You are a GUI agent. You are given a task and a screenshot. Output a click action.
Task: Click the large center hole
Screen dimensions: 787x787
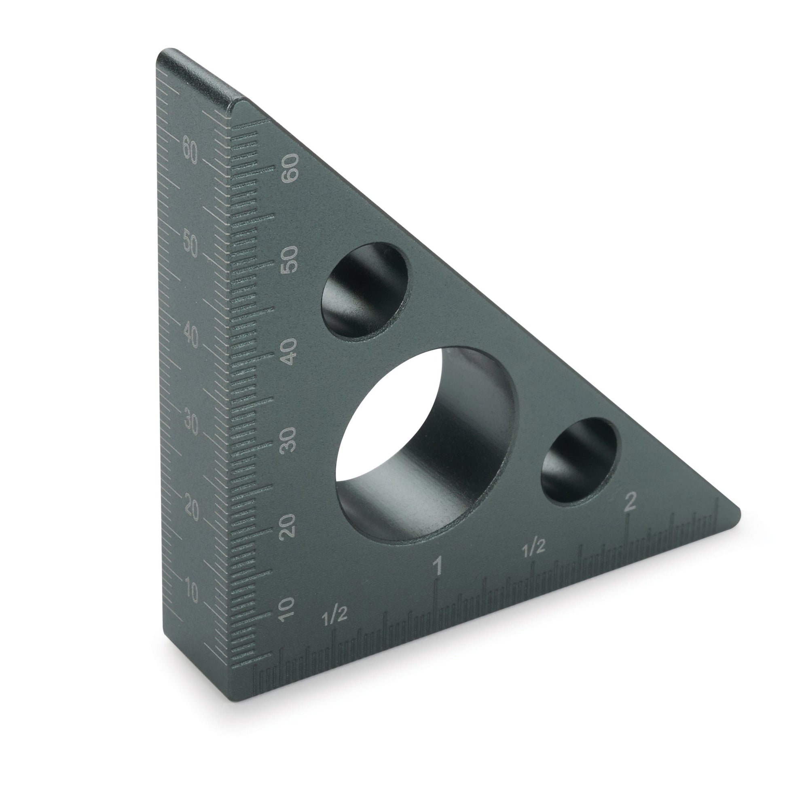pyautogui.click(x=426, y=444)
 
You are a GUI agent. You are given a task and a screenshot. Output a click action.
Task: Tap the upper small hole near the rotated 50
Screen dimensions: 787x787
pyautogui.click(x=366, y=290)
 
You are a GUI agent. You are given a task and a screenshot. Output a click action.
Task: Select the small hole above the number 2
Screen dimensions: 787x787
pyautogui.click(x=578, y=461)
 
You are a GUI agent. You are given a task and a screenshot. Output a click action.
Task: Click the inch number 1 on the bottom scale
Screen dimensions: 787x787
pyautogui.click(x=438, y=567)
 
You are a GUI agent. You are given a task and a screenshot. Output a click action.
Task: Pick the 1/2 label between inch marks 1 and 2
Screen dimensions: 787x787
pyautogui.click(x=533, y=549)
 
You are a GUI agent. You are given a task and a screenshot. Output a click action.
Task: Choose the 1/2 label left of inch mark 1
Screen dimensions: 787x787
pyautogui.click(x=334, y=617)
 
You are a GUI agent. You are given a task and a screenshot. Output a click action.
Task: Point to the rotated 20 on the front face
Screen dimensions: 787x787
pyautogui.click(x=288, y=527)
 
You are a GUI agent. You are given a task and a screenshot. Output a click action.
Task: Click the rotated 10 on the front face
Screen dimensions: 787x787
pyautogui.click(x=286, y=610)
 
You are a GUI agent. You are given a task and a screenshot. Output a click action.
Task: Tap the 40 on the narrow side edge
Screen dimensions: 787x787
pyautogui.click(x=190, y=336)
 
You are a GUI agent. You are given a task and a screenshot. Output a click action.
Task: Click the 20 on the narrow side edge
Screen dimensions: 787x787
pyautogui.click(x=191, y=510)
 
